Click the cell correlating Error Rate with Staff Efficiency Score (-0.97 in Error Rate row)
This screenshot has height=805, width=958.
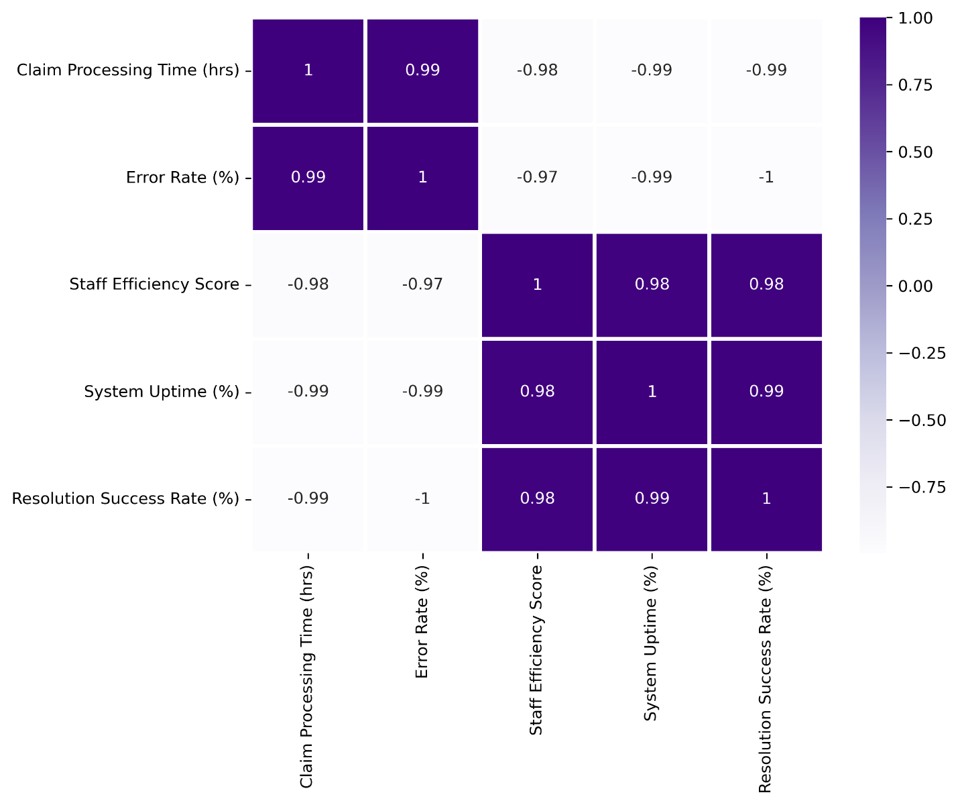pyautogui.click(x=537, y=177)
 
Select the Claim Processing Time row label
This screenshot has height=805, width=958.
pyautogui.click(x=128, y=70)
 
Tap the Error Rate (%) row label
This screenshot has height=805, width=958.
pyautogui.click(x=182, y=178)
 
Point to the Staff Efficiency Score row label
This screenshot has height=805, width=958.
pyautogui.click(x=154, y=284)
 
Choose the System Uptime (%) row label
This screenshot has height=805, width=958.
pyautogui.click(x=162, y=392)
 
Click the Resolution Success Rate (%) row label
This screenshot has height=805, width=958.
pyautogui.click(x=125, y=498)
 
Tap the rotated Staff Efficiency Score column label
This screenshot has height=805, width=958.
pyautogui.click(x=536, y=649)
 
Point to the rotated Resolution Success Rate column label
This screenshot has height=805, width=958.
pyautogui.click(x=765, y=678)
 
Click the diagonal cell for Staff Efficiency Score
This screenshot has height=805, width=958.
pyautogui.click(x=537, y=284)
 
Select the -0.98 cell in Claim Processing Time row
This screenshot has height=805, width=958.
pyautogui.click(x=537, y=70)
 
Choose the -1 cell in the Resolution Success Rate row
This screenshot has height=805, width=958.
pyautogui.click(x=422, y=498)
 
